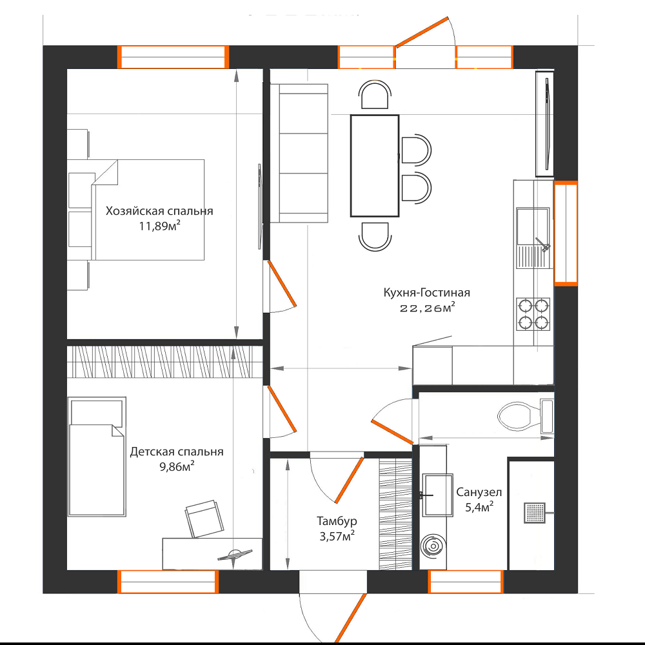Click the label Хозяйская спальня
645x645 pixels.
159,211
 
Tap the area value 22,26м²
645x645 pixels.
428,308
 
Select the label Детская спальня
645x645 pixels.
177,451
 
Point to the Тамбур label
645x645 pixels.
337,521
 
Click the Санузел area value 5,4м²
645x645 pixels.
479,507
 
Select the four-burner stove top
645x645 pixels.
533,314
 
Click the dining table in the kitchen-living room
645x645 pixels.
375,166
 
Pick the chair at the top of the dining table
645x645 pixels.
375,95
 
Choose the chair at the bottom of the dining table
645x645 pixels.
375,236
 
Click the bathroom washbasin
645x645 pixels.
437,495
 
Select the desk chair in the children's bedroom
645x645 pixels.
204,519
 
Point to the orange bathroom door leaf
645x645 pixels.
392,432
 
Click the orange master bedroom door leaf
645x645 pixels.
282,283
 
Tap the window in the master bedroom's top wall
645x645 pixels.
173,57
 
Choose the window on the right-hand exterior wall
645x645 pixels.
566,233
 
